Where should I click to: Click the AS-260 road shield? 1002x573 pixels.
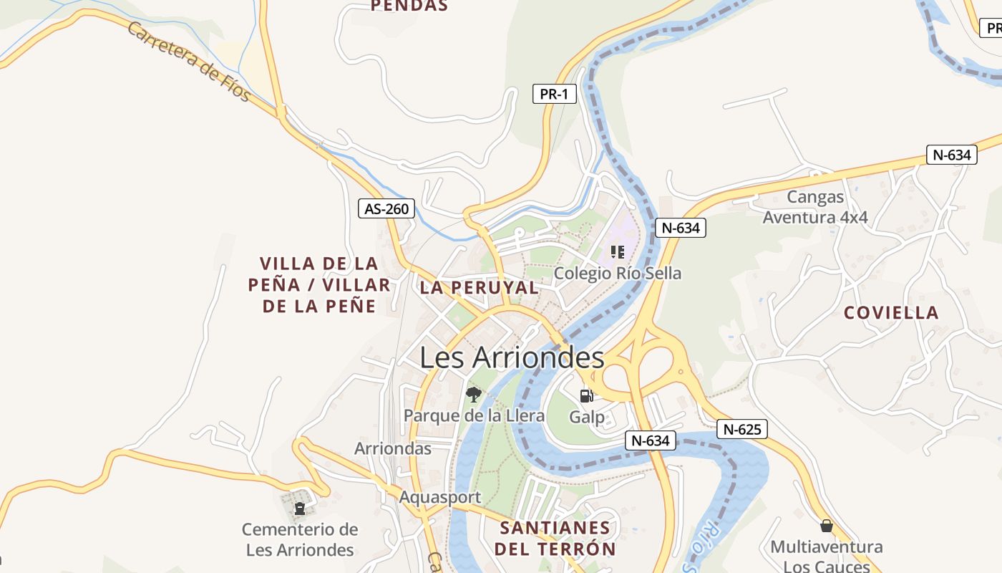point(386,209)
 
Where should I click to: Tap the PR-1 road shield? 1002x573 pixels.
point(554,94)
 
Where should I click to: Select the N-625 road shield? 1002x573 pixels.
point(742,429)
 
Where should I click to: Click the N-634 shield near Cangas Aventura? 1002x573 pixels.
point(951,155)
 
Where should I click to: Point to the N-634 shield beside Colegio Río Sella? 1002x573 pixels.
point(680,228)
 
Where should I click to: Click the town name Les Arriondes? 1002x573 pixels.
point(512,357)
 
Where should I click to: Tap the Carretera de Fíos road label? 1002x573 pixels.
point(189,61)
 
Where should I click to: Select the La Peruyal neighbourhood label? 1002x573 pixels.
point(479,288)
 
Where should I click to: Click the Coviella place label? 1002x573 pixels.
point(890,313)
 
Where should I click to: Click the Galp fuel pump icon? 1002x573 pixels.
point(586,395)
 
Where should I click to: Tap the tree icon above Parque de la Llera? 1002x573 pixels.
point(473,394)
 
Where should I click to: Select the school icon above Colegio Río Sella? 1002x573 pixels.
point(618,251)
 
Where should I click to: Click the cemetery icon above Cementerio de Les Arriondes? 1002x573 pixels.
point(300,509)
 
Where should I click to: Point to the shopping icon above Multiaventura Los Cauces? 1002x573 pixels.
point(826,526)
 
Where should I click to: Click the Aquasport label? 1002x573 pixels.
point(439,497)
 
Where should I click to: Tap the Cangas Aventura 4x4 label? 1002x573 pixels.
point(814,207)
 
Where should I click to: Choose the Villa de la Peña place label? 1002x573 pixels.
point(319,285)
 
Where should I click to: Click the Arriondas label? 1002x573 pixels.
point(393,448)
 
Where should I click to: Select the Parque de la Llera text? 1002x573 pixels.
point(474,415)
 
